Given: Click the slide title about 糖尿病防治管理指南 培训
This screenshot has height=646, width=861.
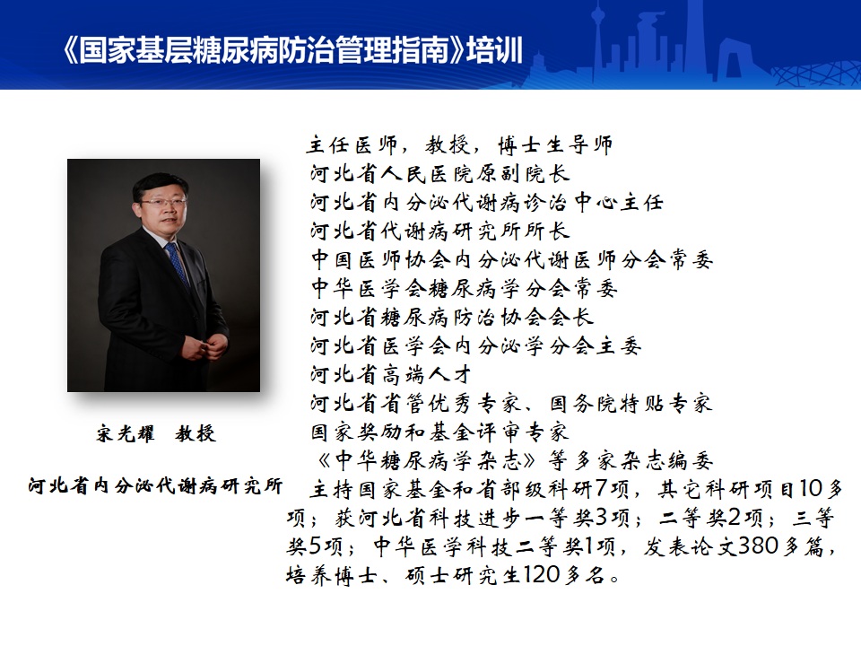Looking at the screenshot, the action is coord(292,50).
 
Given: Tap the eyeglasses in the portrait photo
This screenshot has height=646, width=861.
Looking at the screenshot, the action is coord(163,203).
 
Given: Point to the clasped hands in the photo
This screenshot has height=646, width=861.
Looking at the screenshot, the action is coord(205,347).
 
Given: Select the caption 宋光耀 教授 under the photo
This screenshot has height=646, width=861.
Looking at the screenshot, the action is coord(156,434).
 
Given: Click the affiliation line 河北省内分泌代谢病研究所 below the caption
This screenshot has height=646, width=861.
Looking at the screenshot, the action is coord(155,485).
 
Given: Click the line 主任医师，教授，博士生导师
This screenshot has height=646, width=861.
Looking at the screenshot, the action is coord(459,145).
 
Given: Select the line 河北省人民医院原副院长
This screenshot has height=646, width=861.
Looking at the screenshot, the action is coord(439,173).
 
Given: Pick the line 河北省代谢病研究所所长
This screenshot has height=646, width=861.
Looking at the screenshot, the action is coord(439,231).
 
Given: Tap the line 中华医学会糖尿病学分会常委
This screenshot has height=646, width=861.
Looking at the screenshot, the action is coord(464,288).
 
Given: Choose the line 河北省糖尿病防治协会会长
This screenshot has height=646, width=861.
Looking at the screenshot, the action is coord(451,317).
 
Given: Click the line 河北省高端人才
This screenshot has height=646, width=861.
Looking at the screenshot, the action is coord(390,375).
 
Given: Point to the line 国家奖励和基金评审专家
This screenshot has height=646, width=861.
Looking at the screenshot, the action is coord(439,432).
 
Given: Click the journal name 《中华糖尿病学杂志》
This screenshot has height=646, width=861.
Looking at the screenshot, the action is coord(425,460).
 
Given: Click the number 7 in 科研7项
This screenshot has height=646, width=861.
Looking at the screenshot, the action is coord(601,488).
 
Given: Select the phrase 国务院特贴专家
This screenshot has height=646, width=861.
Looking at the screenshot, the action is coord(631,403).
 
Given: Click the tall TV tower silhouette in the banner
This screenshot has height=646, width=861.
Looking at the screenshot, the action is coord(600,44).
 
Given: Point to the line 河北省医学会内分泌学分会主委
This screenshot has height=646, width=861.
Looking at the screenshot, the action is coord(475,345).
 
